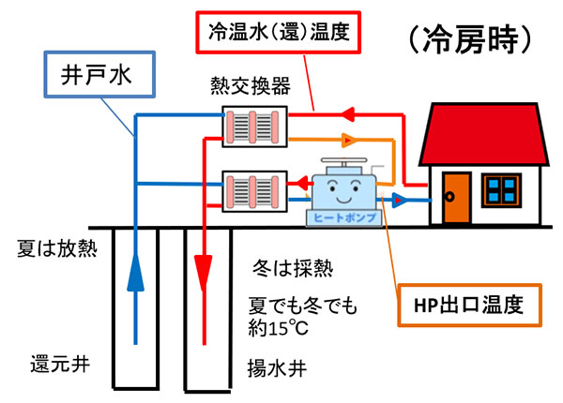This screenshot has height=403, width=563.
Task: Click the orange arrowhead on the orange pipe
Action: click(x=348, y=142)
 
